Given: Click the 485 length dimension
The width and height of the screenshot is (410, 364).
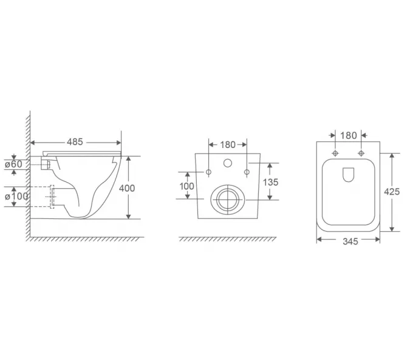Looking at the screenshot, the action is [x=75, y=142].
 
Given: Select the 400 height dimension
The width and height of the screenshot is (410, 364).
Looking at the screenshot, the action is [x=127, y=188].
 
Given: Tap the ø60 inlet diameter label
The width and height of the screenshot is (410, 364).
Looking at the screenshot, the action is [x=13, y=164].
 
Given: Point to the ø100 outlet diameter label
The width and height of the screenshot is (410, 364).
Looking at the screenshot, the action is [x=16, y=196].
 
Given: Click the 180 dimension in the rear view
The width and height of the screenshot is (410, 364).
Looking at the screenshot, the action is [x=228, y=144].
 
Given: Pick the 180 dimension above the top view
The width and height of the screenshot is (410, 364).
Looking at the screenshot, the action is [x=349, y=135].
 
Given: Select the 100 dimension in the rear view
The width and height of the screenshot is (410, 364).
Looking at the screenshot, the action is [x=186, y=186].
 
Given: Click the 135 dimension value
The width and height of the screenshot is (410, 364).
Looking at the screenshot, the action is [x=270, y=182].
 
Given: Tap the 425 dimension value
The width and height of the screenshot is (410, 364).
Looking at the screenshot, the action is [x=392, y=192].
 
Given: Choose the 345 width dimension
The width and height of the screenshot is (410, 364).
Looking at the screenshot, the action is [x=350, y=241].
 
